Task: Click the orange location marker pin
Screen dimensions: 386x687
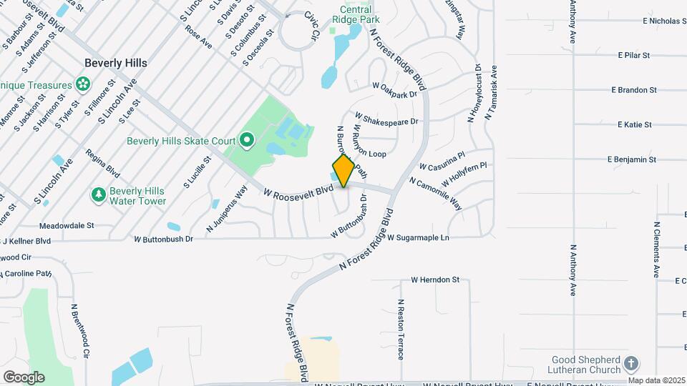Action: point(343,171)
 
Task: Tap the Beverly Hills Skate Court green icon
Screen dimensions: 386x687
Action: point(247,140)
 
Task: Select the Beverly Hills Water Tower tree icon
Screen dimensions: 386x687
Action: point(98,194)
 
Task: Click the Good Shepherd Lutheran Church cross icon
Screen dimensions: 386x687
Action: point(630,363)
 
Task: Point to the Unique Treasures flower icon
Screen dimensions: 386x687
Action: point(83,85)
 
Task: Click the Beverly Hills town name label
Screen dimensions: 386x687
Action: point(115,63)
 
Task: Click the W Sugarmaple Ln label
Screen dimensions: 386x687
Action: point(418,237)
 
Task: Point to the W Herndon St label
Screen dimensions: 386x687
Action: point(434,280)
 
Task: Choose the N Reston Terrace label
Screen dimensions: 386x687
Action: point(401,329)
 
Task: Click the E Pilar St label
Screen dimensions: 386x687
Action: point(633,55)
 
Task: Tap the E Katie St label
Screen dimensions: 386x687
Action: point(634,125)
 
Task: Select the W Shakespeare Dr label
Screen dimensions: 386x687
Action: point(386,121)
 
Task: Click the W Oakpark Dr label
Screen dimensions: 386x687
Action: point(394,91)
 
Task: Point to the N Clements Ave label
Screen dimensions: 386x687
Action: point(656,249)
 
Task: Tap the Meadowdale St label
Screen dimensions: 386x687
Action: point(69,225)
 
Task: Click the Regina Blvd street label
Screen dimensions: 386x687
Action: point(102,163)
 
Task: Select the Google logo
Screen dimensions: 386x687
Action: point(24,377)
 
